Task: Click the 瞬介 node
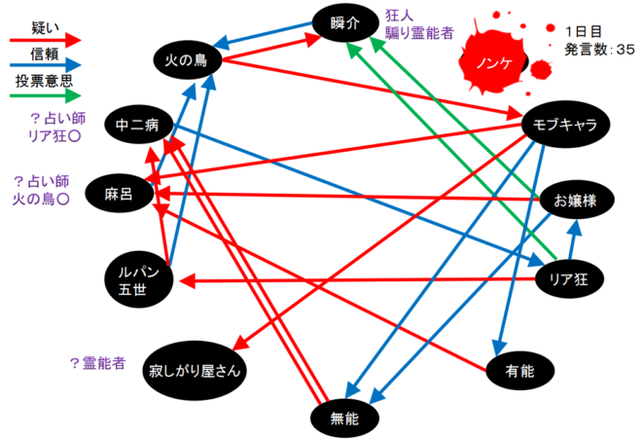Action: coord(344,22)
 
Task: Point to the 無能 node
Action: coord(344,419)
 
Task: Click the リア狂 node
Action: coord(568,279)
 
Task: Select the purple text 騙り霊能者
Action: coord(418,33)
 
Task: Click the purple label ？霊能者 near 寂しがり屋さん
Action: coord(97,362)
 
